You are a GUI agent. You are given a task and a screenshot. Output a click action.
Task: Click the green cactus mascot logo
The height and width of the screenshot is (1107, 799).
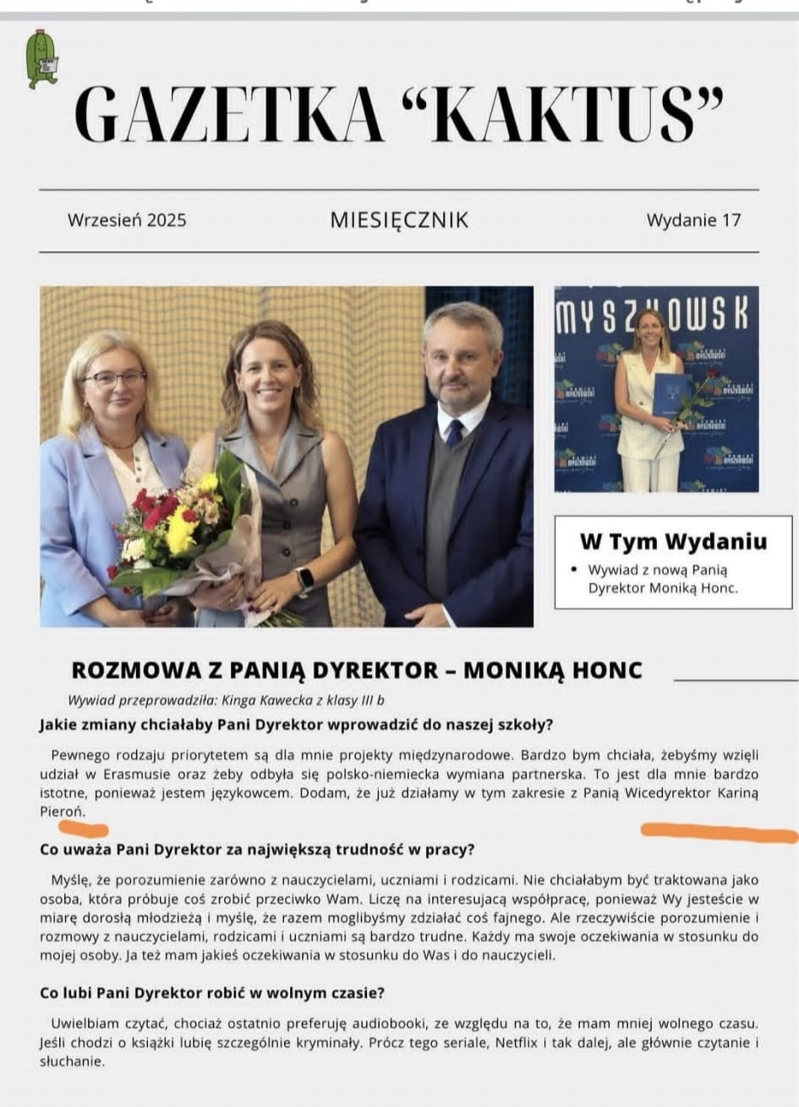pyautogui.click(x=39, y=59)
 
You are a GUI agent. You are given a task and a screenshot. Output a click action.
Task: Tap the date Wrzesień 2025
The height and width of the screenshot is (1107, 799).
pyautogui.click(x=127, y=221)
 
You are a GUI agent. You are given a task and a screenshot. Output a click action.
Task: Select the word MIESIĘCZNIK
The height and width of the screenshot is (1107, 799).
pyautogui.click(x=399, y=221)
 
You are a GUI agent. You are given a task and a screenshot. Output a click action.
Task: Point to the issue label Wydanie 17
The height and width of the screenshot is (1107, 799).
pyautogui.click(x=693, y=221)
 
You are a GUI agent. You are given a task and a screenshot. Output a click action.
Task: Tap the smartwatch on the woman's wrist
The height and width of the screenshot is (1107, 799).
pyautogui.click(x=304, y=579)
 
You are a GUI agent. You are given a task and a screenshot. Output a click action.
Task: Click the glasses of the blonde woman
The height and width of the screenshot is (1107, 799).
pyautogui.click(x=115, y=378)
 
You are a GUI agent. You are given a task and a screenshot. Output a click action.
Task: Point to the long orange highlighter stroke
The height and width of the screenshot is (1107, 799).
pyautogui.click(x=719, y=833)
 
